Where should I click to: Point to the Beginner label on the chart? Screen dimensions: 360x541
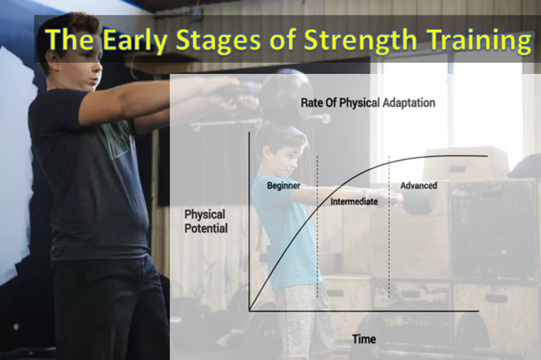(284, 186)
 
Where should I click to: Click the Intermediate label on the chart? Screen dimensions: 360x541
(354, 201)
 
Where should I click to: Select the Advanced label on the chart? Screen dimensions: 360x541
(418, 186)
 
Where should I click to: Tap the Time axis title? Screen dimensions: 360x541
(363, 339)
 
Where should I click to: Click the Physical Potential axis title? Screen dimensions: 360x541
(205, 222)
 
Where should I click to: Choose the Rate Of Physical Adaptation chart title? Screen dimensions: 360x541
(368, 103)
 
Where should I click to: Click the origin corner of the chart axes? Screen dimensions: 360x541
(249, 310)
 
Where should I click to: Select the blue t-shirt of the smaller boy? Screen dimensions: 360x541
(286, 234)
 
